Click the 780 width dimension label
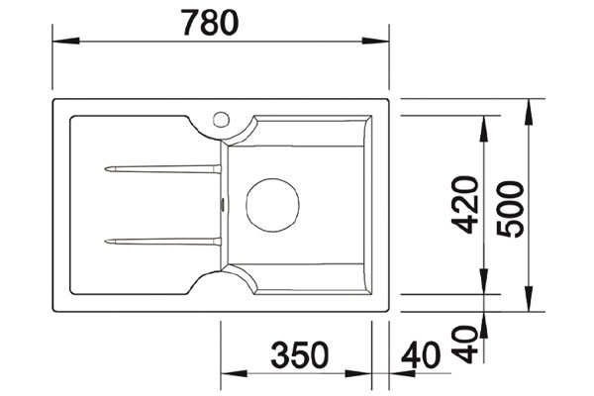click(210, 23)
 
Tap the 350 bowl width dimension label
click(300, 355)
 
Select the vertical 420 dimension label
click(465, 204)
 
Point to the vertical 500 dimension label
click(511, 209)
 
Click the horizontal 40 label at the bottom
click(422, 355)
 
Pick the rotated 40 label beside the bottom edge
click(465, 345)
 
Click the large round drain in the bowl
click(272, 205)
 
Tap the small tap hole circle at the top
click(221, 120)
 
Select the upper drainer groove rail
click(163, 169)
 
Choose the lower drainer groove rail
click(163, 242)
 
